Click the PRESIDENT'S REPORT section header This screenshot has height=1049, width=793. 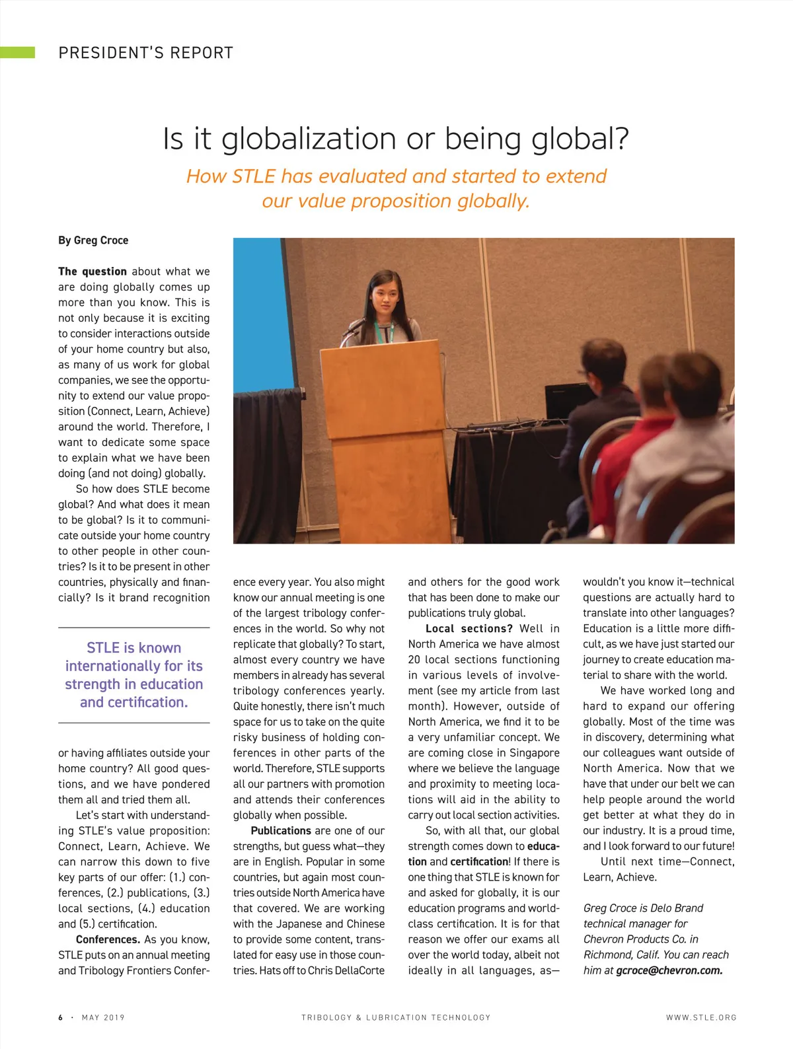[145, 53]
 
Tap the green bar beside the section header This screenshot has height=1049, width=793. [18, 53]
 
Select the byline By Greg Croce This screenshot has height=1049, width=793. [93, 240]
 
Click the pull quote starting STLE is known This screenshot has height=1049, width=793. [133, 674]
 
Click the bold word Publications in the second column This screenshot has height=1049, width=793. [281, 830]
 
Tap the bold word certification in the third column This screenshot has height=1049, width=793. [480, 861]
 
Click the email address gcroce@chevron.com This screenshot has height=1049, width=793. [669, 970]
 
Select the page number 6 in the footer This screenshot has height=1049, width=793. [61, 1017]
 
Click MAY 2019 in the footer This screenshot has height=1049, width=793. [103, 1017]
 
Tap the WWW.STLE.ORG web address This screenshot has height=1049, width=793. [701, 1017]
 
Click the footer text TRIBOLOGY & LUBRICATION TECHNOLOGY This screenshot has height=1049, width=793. [396, 1017]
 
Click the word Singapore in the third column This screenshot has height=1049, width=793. [534, 753]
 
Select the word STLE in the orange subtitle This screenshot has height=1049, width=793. [254, 176]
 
